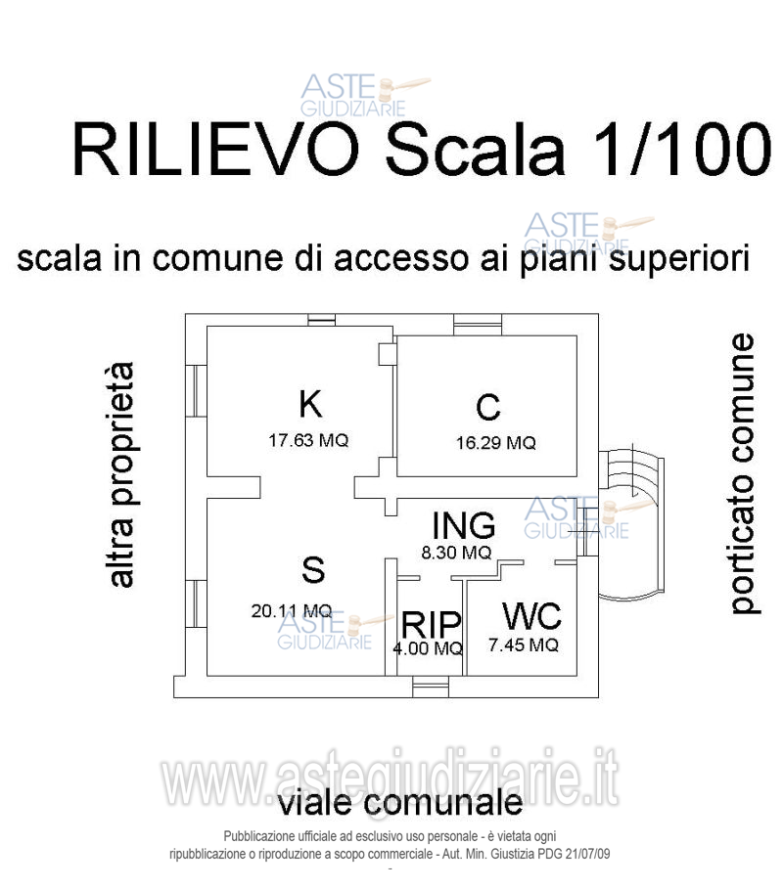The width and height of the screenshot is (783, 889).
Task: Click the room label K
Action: (310, 403)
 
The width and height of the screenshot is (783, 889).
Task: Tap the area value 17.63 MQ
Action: (308, 440)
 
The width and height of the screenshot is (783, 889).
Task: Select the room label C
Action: (487, 407)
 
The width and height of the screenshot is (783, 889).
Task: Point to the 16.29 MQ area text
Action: (495, 443)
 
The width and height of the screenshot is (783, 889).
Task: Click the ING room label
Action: (464, 525)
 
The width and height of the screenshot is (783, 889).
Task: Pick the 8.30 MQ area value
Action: (455, 553)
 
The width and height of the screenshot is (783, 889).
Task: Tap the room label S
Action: (313, 569)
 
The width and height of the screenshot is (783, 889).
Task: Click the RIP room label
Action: (429, 623)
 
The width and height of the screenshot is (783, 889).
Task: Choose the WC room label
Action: (531, 617)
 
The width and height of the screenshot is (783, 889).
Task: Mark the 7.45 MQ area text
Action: (523, 645)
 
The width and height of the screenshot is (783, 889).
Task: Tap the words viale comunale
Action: (400, 804)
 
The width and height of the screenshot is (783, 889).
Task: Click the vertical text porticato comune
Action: (744, 474)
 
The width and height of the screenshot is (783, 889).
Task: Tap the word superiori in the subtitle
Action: (672, 260)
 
